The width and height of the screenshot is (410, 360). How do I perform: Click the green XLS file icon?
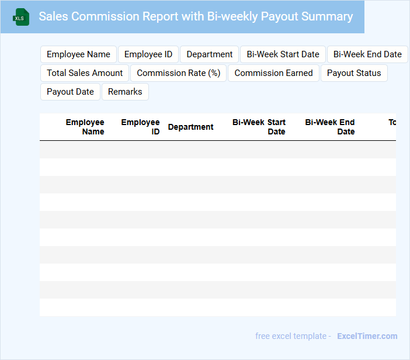(x=21, y=17)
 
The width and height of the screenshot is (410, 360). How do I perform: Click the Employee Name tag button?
(x=78, y=54)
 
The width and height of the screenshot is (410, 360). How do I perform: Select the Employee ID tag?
(x=148, y=54)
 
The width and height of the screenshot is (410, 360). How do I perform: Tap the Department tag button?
(x=209, y=54)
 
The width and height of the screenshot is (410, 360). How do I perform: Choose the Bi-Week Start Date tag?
(x=283, y=54)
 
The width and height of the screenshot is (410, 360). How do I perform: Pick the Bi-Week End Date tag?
(x=367, y=54)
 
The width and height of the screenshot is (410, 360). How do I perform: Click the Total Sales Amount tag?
(x=85, y=73)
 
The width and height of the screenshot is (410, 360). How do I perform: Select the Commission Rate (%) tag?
(x=178, y=73)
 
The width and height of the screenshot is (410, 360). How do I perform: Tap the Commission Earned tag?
(x=273, y=73)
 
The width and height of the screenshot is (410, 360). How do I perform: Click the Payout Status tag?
(x=354, y=73)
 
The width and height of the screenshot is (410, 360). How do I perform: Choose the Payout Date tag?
(x=70, y=92)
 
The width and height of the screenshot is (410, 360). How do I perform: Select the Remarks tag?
(x=125, y=92)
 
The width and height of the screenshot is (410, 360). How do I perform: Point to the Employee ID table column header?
(x=140, y=127)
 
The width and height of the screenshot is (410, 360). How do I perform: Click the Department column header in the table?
(x=190, y=127)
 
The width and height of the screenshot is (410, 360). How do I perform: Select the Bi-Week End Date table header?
(x=330, y=127)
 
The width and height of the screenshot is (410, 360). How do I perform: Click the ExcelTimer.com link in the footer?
(x=367, y=336)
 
